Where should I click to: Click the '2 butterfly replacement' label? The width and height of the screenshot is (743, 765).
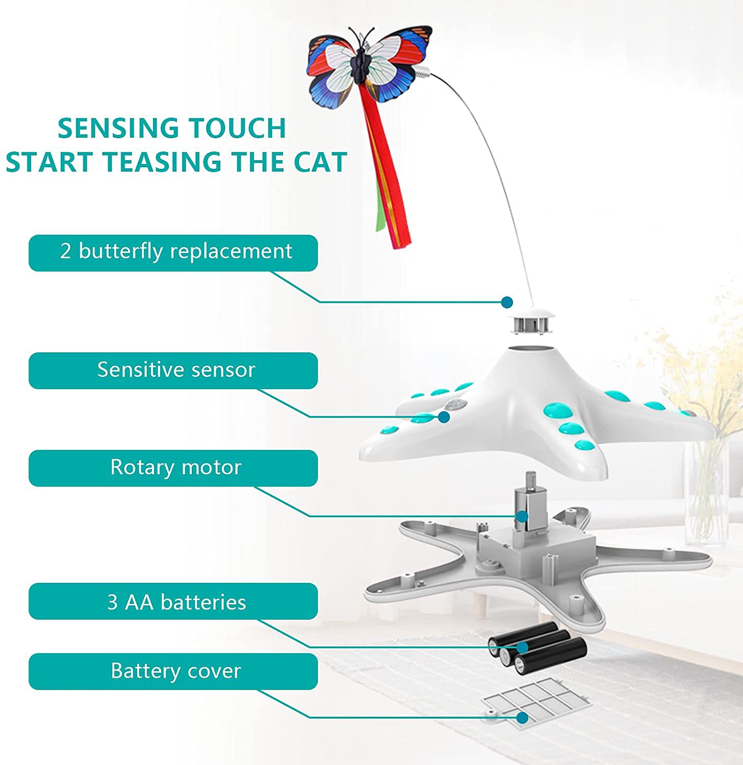(173, 252)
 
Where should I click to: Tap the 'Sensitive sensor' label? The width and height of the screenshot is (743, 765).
(173, 370)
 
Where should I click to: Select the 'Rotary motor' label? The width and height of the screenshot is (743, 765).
(173, 468)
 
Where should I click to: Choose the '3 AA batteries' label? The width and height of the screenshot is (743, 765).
(173, 601)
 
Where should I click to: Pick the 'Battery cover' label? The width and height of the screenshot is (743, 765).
(173, 671)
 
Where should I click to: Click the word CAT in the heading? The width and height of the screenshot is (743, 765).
(320, 162)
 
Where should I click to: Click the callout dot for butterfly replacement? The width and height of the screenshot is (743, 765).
(507, 302)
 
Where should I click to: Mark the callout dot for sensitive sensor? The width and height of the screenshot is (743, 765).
(444, 417)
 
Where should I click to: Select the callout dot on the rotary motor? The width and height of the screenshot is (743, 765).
(522, 516)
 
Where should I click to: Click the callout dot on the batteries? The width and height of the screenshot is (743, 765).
(522, 647)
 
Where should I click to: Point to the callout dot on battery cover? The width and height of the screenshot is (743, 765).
(522, 718)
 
